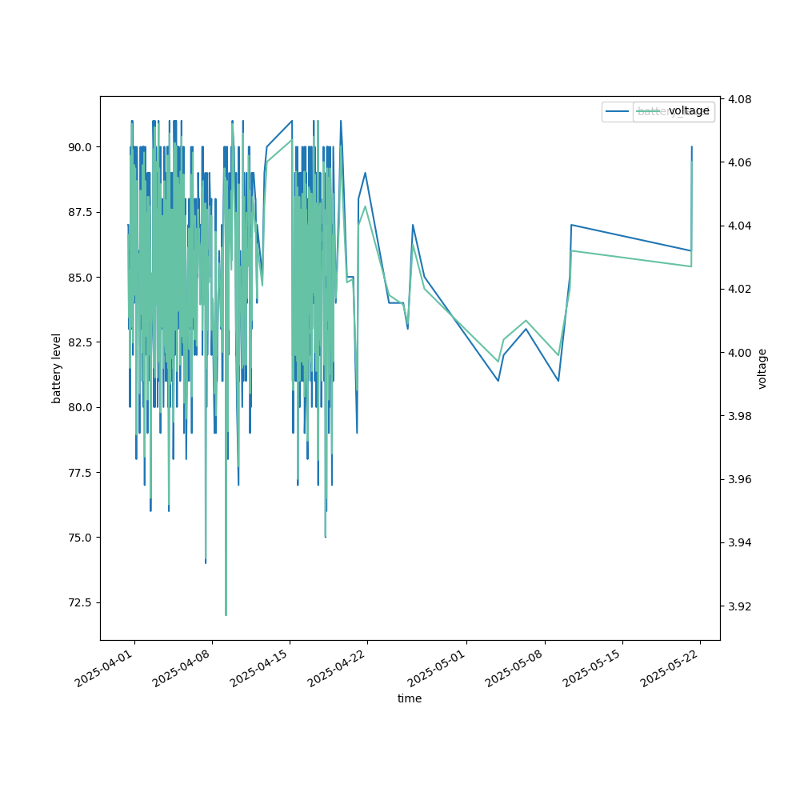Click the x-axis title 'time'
click(x=410, y=698)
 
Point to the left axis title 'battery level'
click(x=56, y=368)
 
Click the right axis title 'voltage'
click(x=762, y=368)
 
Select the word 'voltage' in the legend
click(x=689, y=111)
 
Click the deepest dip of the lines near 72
click(x=226, y=614)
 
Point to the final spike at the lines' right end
click(x=691, y=147)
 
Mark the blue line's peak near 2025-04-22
click(x=366, y=173)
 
